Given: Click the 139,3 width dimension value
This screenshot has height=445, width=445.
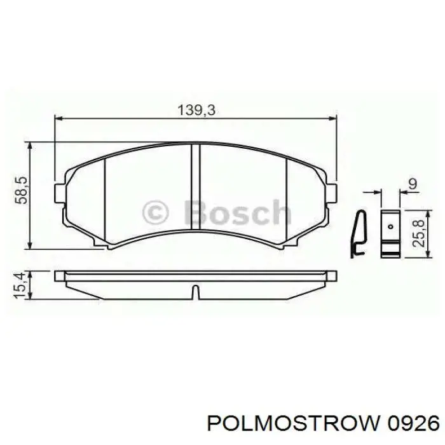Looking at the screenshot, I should click(x=196, y=109).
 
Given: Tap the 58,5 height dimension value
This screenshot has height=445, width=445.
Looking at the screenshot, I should click(x=22, y=190).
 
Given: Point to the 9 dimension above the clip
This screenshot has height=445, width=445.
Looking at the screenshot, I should click(x=411, y=184).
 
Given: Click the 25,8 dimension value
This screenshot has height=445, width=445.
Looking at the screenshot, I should click(x=417, y=232).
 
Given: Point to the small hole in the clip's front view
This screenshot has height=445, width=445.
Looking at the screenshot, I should click(x=390, y=223).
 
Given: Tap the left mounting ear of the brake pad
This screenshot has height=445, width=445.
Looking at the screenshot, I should click(x=60, y=190).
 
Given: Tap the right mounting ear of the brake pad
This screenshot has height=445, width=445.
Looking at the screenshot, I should click(x=332, y=190).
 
